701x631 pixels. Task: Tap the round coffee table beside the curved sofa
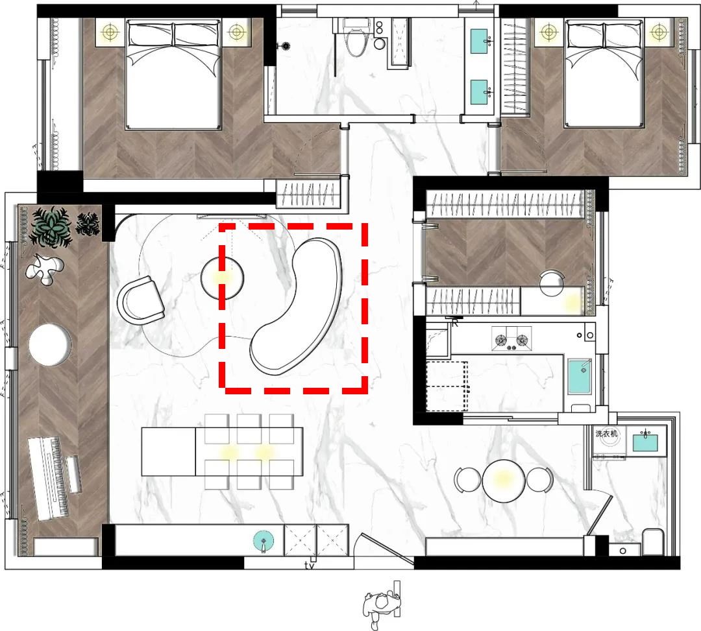click(x=222, y=278)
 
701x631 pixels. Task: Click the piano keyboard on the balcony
click(x=49, y=479)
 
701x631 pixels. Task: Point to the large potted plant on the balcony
click(x=51, y=227)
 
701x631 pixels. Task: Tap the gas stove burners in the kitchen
click(x=511, y=339)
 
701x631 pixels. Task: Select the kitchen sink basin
click(x=580, y=376)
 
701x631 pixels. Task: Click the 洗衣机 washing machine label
click(x=606, y=433)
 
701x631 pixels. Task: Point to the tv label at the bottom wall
click(x=310, y=566)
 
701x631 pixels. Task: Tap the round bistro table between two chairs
click(x=504, y=481)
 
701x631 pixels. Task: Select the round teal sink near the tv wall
click(x=264, y=541)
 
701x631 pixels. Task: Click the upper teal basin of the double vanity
click(x=479, y=41)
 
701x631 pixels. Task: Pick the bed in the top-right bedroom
click(x=604, y=73)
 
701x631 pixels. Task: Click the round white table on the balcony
click(x=50, y=345)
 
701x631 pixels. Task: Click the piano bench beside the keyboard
click(x=74, y=474)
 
